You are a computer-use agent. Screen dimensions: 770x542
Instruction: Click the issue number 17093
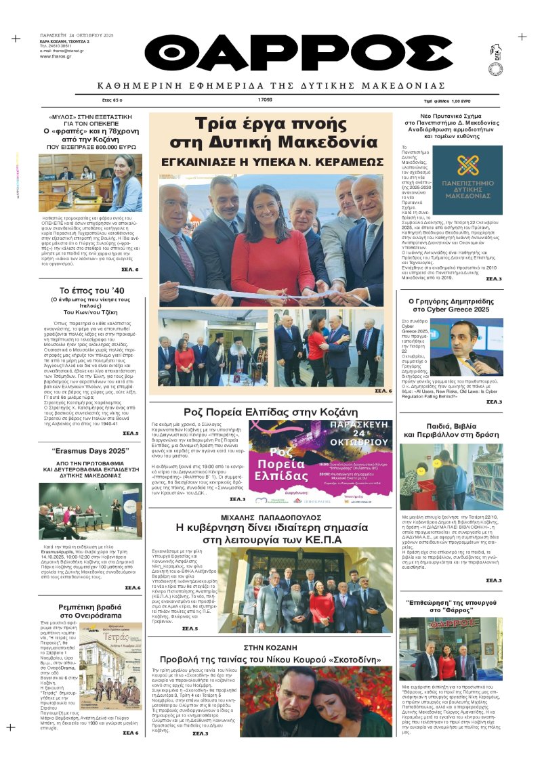pyautogui.click(x=266, y=99)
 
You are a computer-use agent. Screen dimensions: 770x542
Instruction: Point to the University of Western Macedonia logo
pyautogui.click(x=467, y=173)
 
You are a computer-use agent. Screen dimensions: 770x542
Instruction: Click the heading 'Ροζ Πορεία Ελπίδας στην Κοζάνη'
pyautogui.click(x=271, y=412)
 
